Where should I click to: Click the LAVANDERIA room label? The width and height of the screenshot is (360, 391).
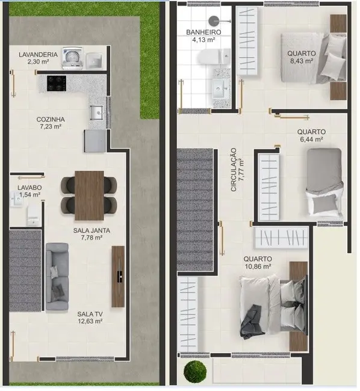pos(39,55)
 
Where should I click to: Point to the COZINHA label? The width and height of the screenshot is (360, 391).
pos(50,119)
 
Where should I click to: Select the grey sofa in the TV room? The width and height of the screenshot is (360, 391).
pos(57,277)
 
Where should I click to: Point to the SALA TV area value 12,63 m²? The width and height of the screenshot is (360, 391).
pos(89,321)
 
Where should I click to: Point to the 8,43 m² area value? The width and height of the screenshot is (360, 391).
pos(301,60)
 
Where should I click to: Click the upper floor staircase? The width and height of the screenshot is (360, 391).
pos(196,211)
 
